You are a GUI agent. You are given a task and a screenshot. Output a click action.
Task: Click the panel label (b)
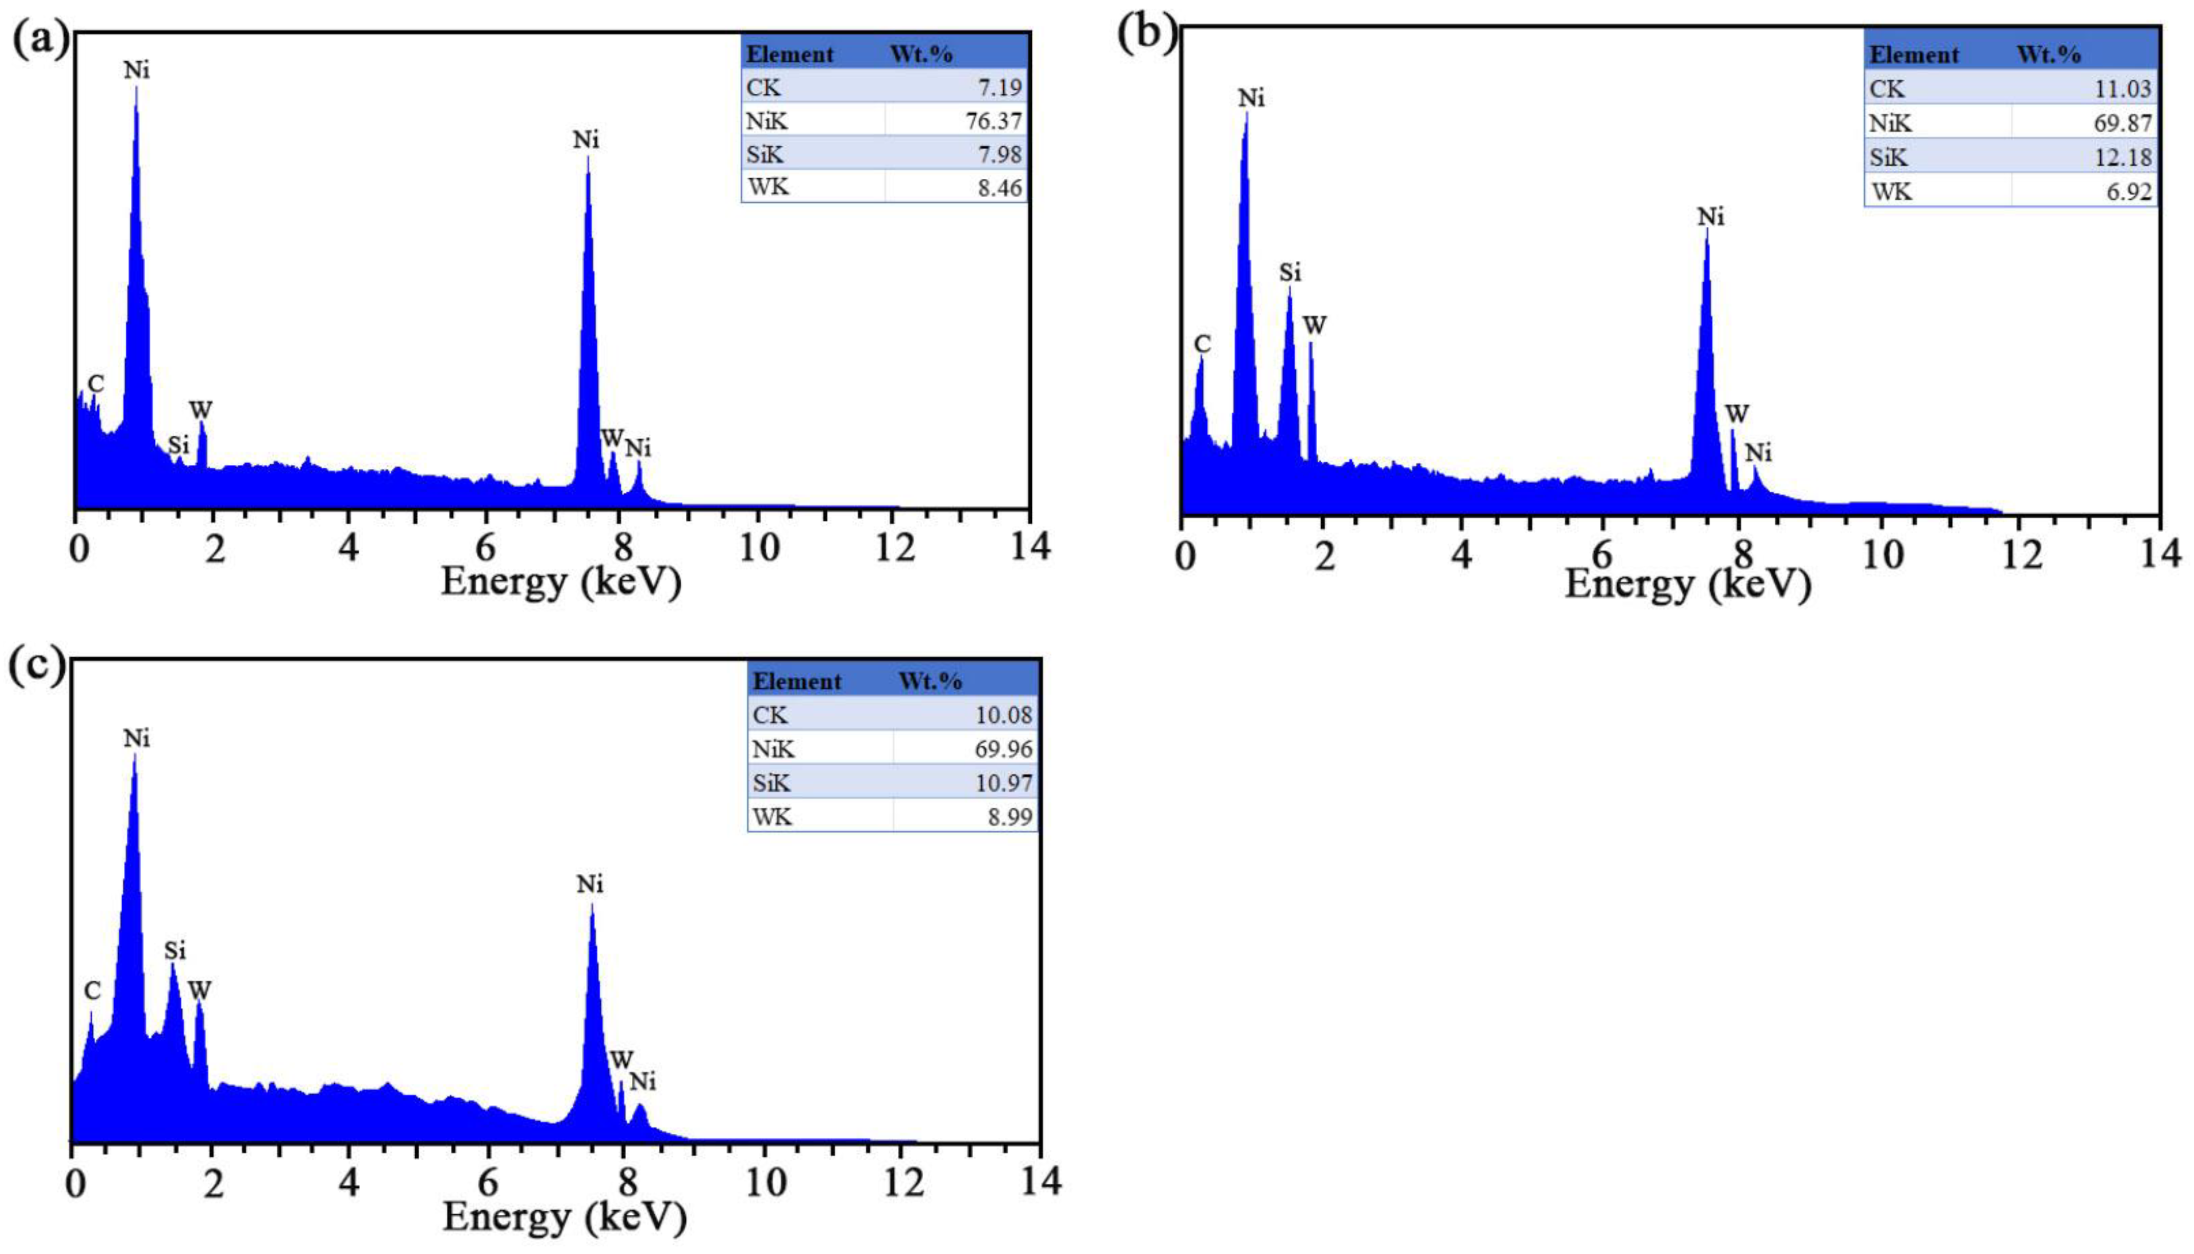point(1146,35)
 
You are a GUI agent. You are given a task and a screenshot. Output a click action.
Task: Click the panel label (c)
point(36,666)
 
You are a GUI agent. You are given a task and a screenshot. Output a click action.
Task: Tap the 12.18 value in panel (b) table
point(2123,157)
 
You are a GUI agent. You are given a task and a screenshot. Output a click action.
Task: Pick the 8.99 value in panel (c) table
point(1009,816)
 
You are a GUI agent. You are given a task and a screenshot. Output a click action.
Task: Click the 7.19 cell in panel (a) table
point(999,87)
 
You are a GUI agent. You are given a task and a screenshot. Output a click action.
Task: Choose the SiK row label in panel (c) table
point(772,783)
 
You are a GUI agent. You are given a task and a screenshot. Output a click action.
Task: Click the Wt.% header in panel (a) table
point(921,54)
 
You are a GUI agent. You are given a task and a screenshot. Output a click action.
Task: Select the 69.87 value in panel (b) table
point(2123,123)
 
